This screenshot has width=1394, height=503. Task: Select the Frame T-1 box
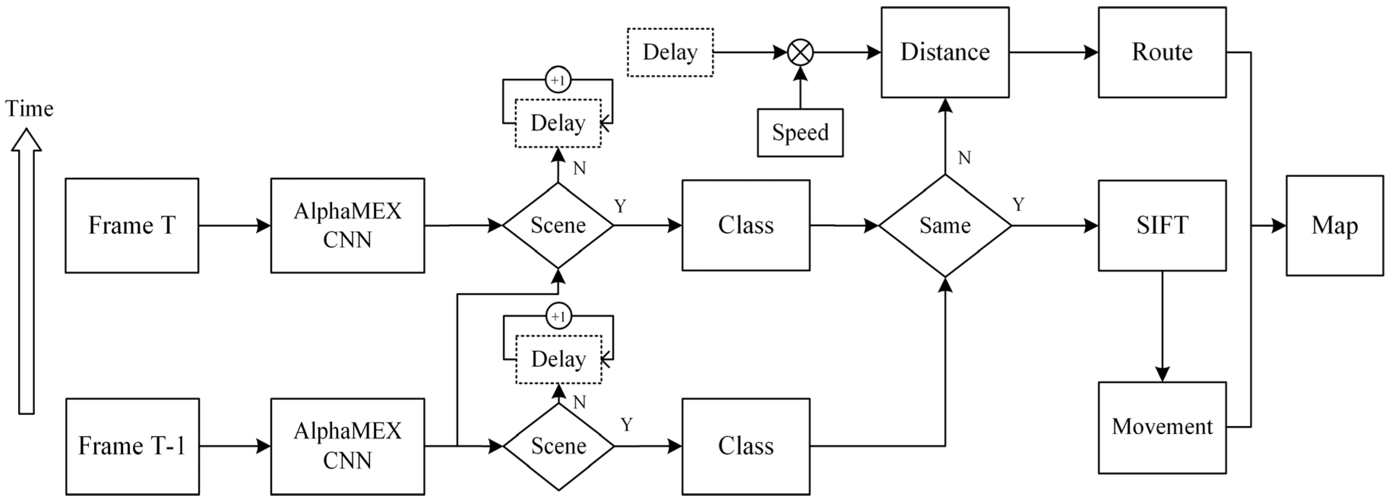(133, 446)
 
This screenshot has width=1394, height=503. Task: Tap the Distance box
(945, 52)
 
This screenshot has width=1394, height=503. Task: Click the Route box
(1162, 52)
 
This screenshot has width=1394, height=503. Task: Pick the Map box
(1334, 225)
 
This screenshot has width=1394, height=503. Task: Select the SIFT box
(1162, 225)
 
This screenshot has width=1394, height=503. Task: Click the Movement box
(1162, 427)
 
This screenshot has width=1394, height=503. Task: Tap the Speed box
(800, 133)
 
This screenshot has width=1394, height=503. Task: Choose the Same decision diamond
(945, 226)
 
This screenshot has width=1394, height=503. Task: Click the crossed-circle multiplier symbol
(800, 52)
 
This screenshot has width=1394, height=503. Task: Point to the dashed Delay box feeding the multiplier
(670, 52)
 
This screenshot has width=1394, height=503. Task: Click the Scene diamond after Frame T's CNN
(558, 225)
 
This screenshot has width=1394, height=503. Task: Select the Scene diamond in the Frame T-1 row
(558, 446)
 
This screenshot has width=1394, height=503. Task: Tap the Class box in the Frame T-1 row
(746, 446)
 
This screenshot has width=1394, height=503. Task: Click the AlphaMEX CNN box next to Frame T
(348, 225)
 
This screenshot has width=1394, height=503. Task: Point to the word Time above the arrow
(29, 109)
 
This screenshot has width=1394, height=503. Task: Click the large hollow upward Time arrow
(27, 271)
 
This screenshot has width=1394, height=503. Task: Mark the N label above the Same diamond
(964, 158)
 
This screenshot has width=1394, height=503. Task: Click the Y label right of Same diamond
(1018, 205)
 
